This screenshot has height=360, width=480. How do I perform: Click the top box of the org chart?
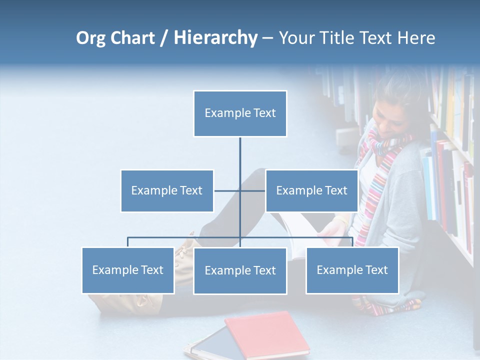(240, 113)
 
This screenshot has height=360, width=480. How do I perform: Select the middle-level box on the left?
(167, 190)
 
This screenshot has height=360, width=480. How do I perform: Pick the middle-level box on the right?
(311, 190)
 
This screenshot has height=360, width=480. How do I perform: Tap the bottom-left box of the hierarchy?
(128, 270)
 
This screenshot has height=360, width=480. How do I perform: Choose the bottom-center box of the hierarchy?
(240, 271)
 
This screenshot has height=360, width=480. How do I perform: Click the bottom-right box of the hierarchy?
(352, 270)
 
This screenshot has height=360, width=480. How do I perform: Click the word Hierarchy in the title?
(215, 38)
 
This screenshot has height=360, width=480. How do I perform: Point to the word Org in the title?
(90, 38)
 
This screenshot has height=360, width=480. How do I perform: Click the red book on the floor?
(268, 334)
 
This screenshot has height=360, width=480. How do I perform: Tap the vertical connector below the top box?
(240, 160)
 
